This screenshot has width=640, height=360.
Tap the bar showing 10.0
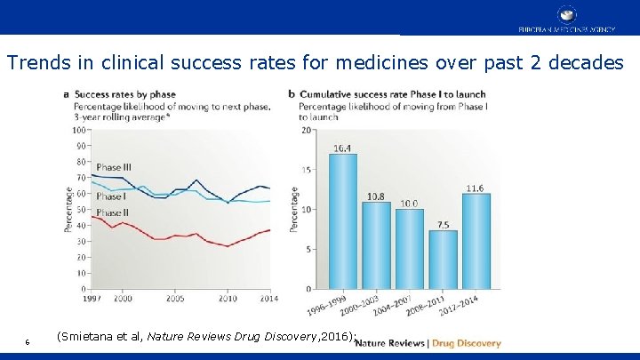pyautogui.click(x=409, y=249)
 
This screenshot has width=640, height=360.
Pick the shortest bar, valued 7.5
pyautogui.click(x=443, y=260)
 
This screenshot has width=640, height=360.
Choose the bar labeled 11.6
pyautogui.click(x=476, y=242)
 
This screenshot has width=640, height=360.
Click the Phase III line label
pyautogui.click(x=114, y=167)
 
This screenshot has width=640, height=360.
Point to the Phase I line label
pyautogui.click(x=110, y=196)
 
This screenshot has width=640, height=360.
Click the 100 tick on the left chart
pyautogui.click(x=79, y=130)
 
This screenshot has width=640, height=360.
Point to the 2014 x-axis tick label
pyautogui.click(x=268, y=299)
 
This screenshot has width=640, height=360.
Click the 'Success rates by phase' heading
pyautogui.click(x=124, y=94)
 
